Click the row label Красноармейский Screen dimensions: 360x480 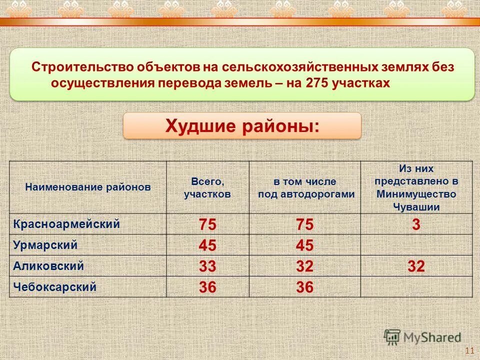[x=66, y=224]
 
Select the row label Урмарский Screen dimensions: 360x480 [x=45, y=245]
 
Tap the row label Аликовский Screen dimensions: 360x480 [x=48, y=266]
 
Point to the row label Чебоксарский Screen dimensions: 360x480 [x=54, y=287]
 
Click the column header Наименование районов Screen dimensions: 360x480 [x=88, y=187]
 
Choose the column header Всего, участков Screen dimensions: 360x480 [x=207, y=187]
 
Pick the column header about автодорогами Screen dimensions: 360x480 [x=306, y=188]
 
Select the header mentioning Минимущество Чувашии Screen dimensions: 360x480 [x=416, y=187]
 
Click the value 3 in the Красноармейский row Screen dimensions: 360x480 [x=416, y=225]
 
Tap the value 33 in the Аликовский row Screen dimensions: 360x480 [x=207, y=266]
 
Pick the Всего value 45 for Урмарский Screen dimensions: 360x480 [x=207, y=245]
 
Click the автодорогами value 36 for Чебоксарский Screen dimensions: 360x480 [x=305, y=287]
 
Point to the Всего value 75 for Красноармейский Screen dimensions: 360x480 [x=207, y=225]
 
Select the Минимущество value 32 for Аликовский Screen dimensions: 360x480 [x=416, y=266]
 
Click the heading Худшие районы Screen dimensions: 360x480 [x=242, y=125]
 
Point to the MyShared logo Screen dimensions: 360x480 [x=422, y=337]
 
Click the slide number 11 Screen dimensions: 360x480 [x=469, y=350]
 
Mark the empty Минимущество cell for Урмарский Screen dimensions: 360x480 [x=416, y=245]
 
